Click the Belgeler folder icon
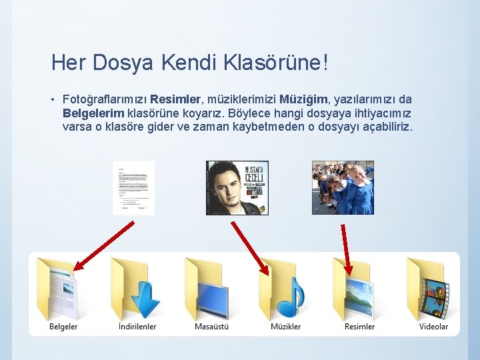(x=61, y=289)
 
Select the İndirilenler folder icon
(x=137, y=289)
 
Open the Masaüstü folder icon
(x=211, y=289)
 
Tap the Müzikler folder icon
(x=285, y=289)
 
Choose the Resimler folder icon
(x=360, y=289)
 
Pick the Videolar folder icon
(x=433, y=289)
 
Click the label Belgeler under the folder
(x=63, y=327)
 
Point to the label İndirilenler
(x=137, y=327)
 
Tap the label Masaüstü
(x=211, y=327)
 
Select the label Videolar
(x=433, y=327)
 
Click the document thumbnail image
(x=133, y=188)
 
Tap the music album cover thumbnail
(x=237, y=187)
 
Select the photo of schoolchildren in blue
(x=343, y=187)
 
